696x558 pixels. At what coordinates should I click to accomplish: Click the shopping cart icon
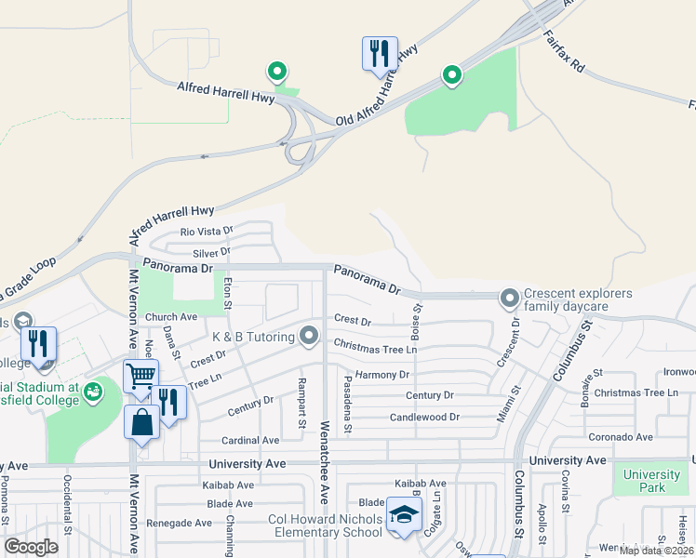point(141,376)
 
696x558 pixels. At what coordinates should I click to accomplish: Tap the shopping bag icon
point(141,421)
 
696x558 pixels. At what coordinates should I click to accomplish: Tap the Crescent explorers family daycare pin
point(509,299)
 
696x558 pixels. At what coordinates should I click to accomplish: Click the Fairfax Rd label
point(564,56)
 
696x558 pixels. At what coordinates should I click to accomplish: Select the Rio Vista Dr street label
point(206,231)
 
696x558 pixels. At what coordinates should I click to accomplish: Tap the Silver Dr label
point(211,252)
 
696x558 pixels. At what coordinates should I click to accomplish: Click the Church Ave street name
point(170,317)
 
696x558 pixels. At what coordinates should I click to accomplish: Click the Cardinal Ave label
point(249,440)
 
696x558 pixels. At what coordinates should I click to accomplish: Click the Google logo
point(31,547)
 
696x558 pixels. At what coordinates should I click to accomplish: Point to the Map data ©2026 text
point(656,551)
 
